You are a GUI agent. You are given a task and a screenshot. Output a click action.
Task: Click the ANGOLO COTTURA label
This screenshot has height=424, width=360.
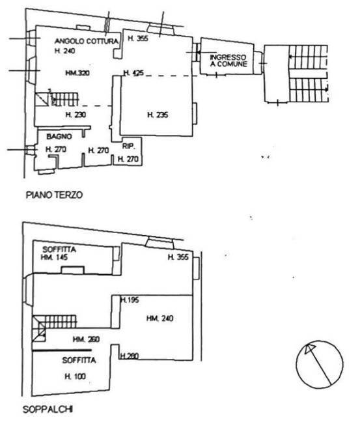click(x=86, y=41)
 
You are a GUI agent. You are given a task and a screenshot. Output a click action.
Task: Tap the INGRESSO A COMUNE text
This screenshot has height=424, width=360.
click(x=227, y=61)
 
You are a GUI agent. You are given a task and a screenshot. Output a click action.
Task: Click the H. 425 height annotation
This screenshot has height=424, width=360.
click(x=133, y=73)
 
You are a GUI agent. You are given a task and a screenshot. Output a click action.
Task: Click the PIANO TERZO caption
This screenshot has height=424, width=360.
click(x=53, y=195)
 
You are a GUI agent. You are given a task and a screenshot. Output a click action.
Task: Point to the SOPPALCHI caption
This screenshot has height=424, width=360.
click(x=48, y=410)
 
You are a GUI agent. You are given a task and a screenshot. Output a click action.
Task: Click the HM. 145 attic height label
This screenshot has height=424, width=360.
click(x=55, y=258)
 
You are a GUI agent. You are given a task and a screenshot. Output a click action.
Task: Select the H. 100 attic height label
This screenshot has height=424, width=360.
click(x=76, y=376)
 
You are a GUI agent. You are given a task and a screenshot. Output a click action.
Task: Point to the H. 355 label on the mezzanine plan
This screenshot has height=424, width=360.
click(x=177, y=257)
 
